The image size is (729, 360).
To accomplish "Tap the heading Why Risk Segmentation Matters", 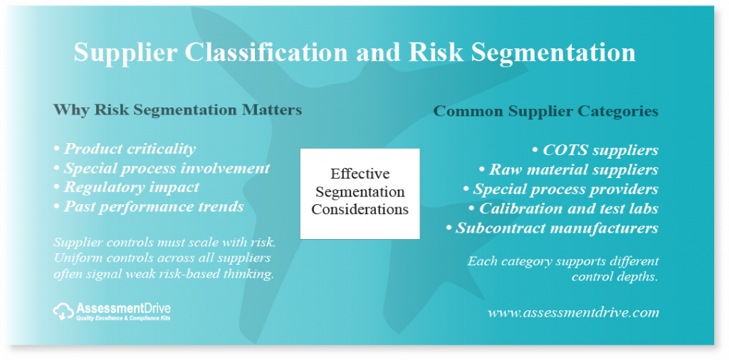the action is click(x=177, y=110).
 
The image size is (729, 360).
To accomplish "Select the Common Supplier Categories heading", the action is click(x=546, y=112).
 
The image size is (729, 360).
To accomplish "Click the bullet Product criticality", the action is click(x=125, y=149).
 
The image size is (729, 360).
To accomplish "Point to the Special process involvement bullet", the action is click(x=162, y=168).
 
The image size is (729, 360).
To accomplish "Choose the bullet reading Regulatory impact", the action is click(x=127, y=187).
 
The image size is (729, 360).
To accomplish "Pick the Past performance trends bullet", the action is click(x=149, y=207).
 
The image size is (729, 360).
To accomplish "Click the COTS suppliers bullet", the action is click(x=595, y=151).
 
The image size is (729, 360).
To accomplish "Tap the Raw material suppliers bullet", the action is click(x=569, y=169).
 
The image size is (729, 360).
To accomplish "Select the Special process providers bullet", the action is click(x=561, y=189).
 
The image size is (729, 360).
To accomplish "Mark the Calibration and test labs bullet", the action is click(x=564, y=208).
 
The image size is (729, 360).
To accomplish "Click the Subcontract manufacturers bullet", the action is click(x=552, y=228).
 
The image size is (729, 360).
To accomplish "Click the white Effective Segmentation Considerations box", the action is click(x=360, y=194).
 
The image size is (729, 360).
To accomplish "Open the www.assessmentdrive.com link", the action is click(x=573, y=312).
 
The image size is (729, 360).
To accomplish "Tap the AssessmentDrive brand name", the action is click(x=123, y=308).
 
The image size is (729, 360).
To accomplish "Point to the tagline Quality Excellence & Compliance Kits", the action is click(x=123, y=319).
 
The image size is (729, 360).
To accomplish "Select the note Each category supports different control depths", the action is click(x=563, y=269).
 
